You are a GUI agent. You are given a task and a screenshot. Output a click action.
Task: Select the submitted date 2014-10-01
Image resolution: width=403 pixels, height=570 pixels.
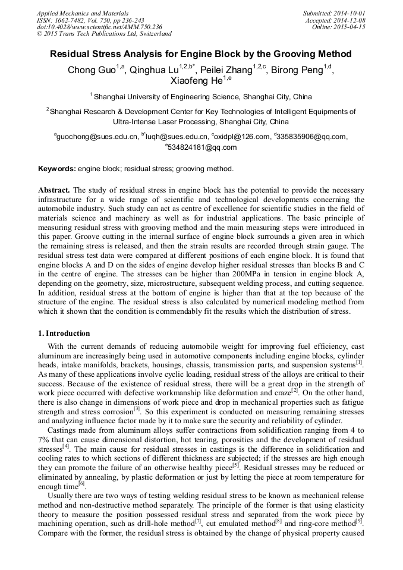click(x=351, y=13)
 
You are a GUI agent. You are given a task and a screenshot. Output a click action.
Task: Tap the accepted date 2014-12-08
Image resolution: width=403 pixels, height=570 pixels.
click(x=351, y=20)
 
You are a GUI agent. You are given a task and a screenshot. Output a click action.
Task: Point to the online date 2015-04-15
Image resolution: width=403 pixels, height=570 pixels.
click(x=351, y=27)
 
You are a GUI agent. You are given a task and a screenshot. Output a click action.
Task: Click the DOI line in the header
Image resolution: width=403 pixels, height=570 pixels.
click(x=99, y=27)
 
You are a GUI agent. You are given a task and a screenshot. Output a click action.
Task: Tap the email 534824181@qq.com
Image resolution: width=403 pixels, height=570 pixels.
click(x=202, y=148)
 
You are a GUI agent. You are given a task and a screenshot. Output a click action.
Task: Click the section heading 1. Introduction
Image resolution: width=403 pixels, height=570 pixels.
click(x=64, y=333)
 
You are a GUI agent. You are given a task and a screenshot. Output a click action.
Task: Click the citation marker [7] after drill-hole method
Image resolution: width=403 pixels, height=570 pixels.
click(x=198, y=522)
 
